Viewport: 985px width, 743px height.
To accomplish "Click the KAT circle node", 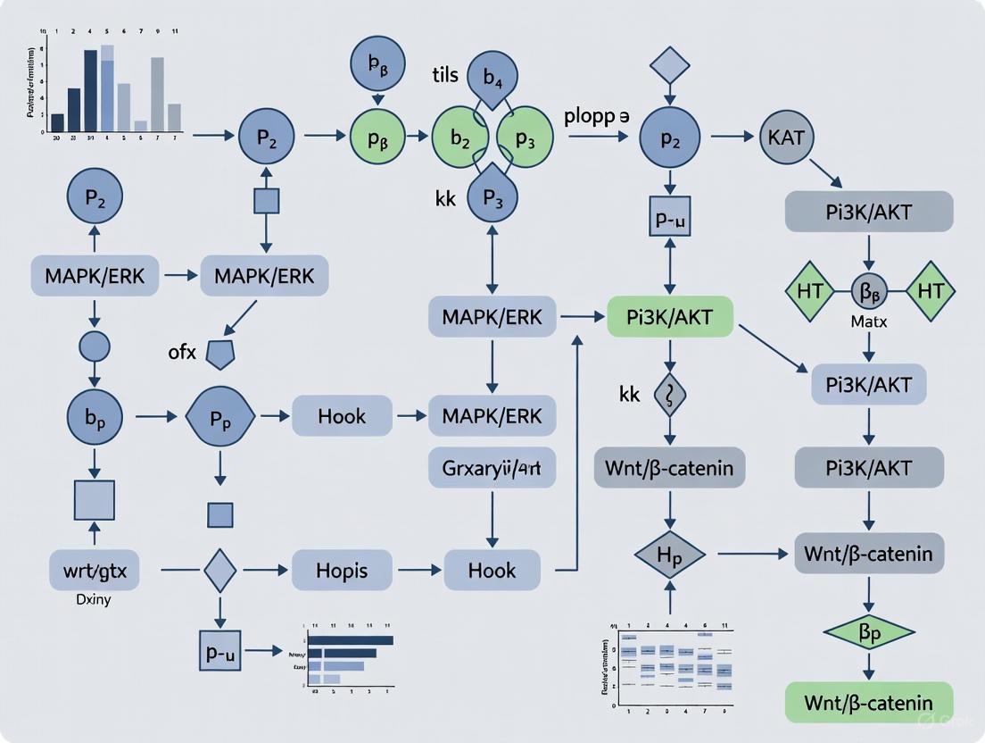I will click(786, 138).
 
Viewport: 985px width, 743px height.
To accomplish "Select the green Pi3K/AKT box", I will click(670, 316).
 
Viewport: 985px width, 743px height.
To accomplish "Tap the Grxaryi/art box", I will click(492, 467).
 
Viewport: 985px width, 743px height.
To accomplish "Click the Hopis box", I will click(342, 569).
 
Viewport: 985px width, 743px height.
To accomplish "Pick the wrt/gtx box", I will click(95, 569).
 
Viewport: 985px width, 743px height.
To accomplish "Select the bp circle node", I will click(95, 417).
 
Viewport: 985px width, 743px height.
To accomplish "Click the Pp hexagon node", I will click(219, 417).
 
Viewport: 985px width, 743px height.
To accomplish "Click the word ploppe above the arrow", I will click(596, 117).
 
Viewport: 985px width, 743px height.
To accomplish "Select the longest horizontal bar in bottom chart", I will click(352, 639).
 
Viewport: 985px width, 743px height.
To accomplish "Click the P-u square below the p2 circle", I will click(670, 217).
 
